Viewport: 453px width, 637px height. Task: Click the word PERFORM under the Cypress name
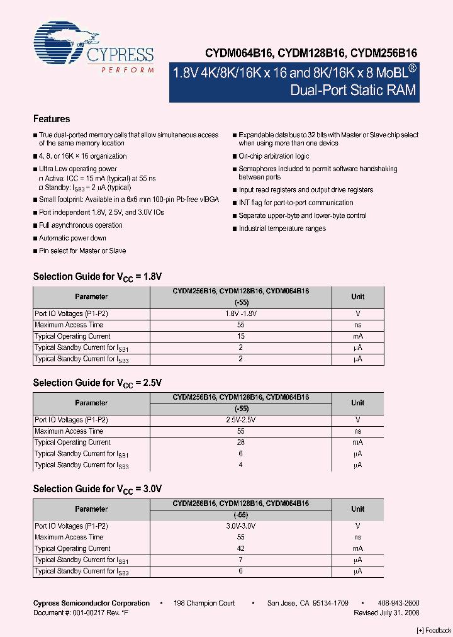click(x=127, y=70)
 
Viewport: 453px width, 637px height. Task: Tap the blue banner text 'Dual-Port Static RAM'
click(x=353, y=90)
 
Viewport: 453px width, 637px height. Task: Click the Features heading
click(x=52, y=119)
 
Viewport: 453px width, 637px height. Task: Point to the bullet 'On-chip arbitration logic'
click(x=274, y=156)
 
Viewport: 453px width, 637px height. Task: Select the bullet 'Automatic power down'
click(x=72, y=238)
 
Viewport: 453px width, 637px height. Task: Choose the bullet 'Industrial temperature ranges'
click(x=282, y=228)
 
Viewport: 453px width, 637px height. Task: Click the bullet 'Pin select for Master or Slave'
click(x=82, y=251)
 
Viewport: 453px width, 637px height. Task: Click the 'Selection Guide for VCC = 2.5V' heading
click(x=98, y=383)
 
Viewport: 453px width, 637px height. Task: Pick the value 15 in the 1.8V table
click(x=241, y=336)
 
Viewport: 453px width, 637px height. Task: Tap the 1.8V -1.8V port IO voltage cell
click(x=241, y=313)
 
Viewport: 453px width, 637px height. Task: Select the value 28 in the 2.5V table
click(x=241, y=443)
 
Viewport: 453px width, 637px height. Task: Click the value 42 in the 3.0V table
click(x=241, y=548)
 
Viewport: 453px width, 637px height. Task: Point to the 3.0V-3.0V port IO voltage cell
click(x=241, y=526)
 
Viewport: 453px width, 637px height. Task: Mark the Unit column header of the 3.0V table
click(x=357, y=509)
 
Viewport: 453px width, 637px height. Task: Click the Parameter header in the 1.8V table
click(x=91, y=296)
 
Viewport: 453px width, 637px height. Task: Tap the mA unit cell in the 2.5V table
click(x=357, y=443)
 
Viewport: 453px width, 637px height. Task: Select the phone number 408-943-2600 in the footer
click(x=399, y=603)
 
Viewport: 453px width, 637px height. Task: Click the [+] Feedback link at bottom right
click(x=434, y=630)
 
